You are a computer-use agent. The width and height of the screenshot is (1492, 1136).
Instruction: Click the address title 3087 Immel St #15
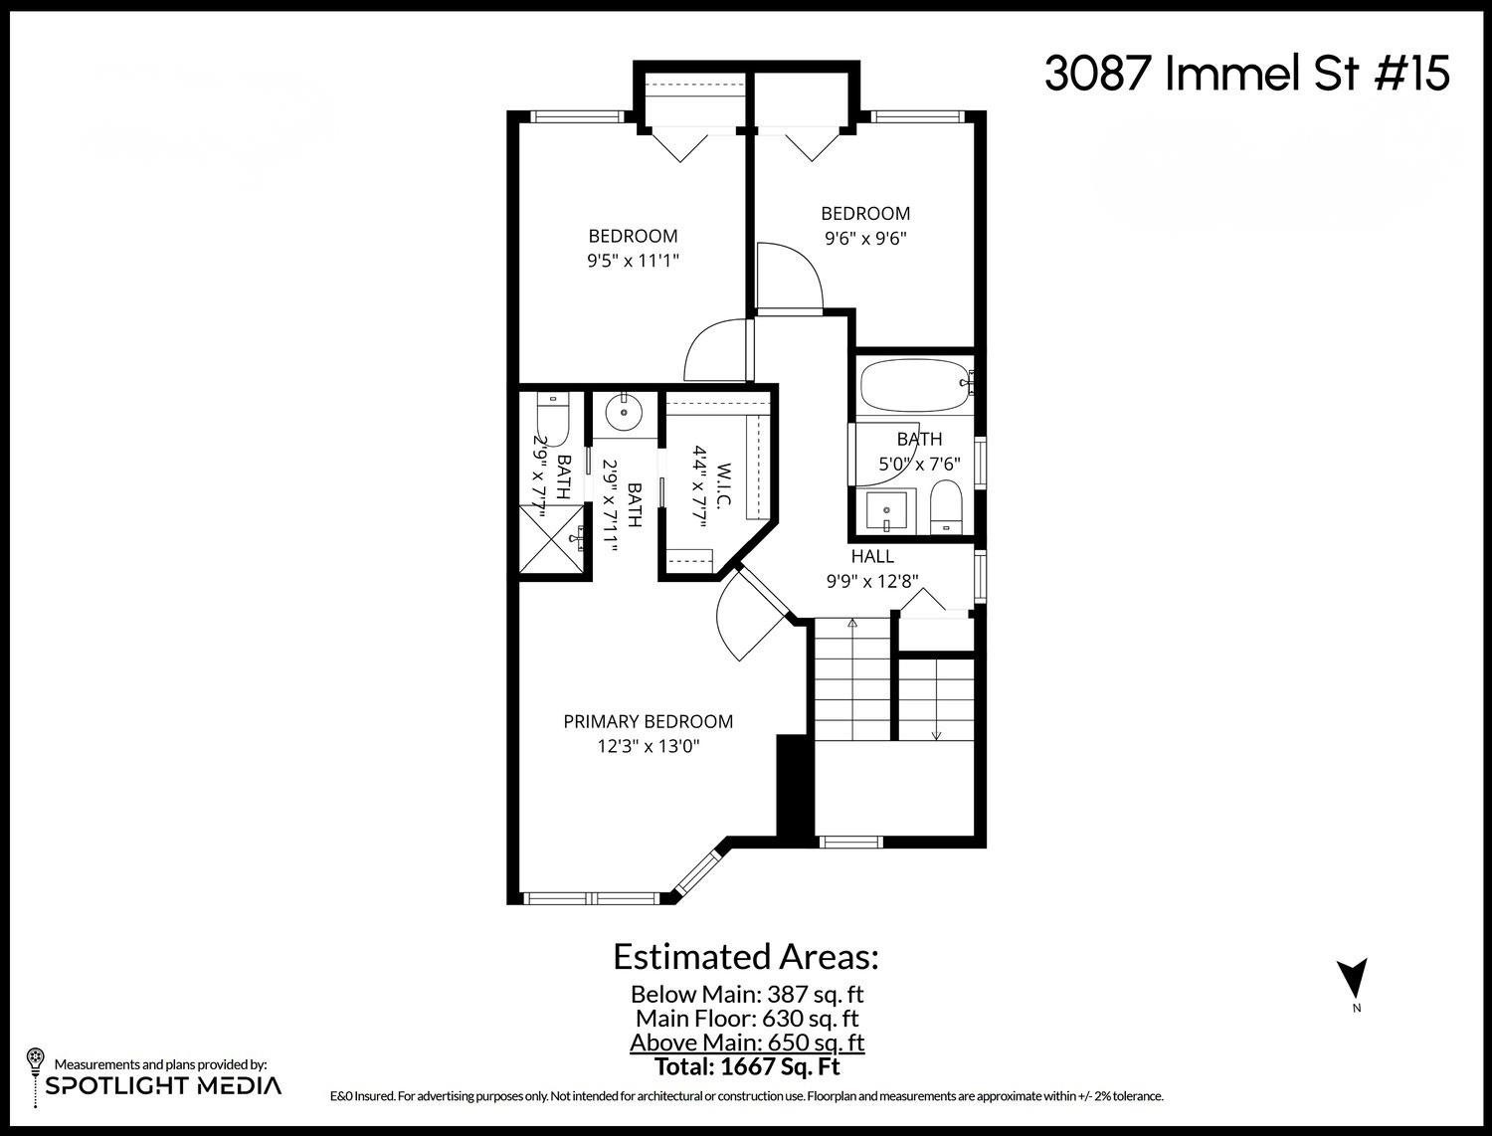pyautogui.click(x=1246, y=74)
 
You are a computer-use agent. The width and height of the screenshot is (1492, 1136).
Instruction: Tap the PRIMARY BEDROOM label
pyautogui.click(x=648, y=721)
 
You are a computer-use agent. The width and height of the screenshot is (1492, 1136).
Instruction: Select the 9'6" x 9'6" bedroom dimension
pyautogui.click(x=864, y=239)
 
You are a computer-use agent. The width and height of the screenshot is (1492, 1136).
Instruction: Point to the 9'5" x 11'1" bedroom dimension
pyautogui.click(x=633, y=262)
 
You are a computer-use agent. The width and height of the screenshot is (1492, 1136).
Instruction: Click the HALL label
pyautogui.click(x=871, y=557)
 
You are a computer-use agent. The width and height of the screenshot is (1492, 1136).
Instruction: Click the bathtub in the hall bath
pyautogui.click(x=913, y=388)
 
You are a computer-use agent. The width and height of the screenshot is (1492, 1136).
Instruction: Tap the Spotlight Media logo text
pyautogui.click(x=163, y=1085)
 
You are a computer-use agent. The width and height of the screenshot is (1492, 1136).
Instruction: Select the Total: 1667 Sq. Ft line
pyautogui.click(x=747, y=1067)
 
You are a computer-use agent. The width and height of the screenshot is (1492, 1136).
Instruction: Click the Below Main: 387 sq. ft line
pyautogui.click(x=747, y=994)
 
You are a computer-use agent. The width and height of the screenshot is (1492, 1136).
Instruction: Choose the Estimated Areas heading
pyautogui.click(x=746, y=957)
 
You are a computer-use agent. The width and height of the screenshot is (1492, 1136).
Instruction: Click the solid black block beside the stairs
pyautogui.click(x=794, y=787)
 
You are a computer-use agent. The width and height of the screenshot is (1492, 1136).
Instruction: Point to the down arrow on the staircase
pyautogui.click(x=936, y=734)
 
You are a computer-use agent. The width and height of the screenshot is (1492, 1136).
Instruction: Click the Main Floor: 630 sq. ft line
pyautogui.click(x=747, y=1019)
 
